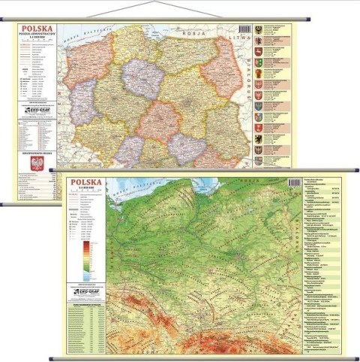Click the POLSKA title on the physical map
click(85, 186)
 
